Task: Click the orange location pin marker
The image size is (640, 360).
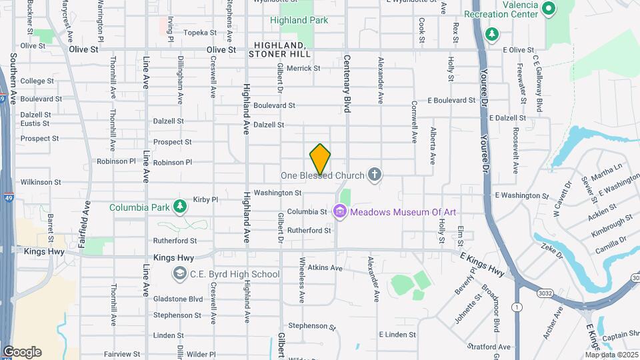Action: (320, 159)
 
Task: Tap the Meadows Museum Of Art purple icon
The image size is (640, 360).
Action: (341, 212)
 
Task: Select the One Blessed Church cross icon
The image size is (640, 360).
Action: (375, 175)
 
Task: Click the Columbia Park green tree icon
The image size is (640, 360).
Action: (179, 207)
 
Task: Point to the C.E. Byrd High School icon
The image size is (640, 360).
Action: (179, 273)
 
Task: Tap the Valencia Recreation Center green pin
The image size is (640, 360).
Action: (549, 9)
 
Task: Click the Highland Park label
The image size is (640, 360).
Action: (299, 20)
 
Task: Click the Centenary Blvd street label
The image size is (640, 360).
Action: (347, 93)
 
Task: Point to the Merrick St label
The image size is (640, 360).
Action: (303, 68)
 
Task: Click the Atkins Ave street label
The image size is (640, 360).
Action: (325, 268)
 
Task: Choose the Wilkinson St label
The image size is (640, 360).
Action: (41, 181)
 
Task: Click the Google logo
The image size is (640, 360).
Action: (22, 352)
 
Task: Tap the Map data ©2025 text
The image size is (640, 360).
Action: (611, 355)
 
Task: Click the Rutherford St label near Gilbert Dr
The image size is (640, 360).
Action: (309, 231)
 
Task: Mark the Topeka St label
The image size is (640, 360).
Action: (200, 32)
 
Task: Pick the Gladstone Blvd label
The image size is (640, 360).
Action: (177, 299)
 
